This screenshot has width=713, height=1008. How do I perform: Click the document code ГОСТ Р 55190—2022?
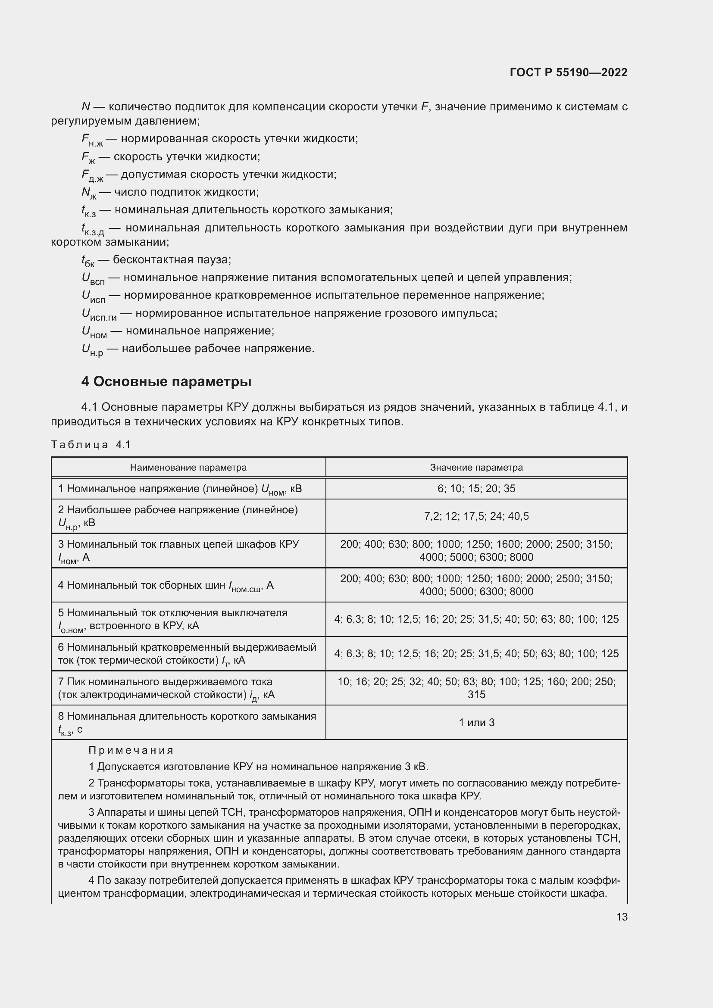point(569,72)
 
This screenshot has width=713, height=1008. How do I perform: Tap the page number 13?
point(622,917)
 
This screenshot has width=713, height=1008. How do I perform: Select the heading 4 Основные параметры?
point(166,381)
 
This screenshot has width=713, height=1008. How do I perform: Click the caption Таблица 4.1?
point(91,444)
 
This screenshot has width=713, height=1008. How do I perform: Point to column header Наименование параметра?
point(188,467)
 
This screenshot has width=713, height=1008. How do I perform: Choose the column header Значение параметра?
point(476,467)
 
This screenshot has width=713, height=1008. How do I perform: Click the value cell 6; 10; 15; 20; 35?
point(476,488)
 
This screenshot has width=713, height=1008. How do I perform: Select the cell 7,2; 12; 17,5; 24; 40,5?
point(476,516)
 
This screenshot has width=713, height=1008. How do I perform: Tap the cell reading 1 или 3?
point(476,722)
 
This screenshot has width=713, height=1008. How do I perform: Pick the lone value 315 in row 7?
point(476,694)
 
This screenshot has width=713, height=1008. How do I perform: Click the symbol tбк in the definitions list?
point(88,261)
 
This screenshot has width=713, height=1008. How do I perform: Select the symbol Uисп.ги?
point(99,314)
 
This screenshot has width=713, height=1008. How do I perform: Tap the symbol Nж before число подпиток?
point(89,193)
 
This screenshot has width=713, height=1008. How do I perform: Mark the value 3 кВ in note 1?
point(414,767)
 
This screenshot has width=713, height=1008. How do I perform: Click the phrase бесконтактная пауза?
point(172,259)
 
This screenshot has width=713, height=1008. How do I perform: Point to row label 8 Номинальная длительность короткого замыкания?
point(187,716)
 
